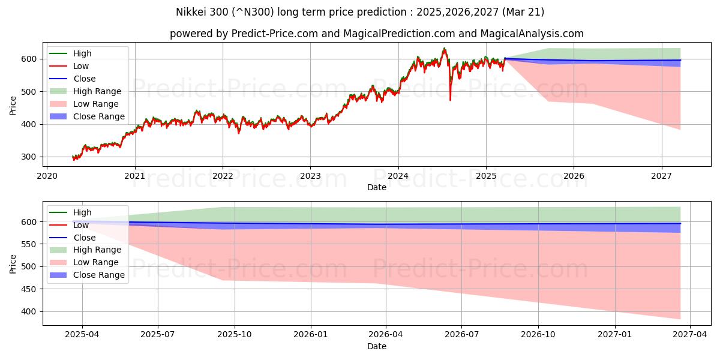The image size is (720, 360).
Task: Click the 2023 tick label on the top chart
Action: click(310, 176)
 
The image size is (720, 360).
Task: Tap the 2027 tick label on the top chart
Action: click(661, 176)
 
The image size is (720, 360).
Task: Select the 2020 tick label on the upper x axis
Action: click(47, 176)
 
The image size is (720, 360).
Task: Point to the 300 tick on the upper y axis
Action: click(30, 157)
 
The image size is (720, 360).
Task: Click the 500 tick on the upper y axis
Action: click(30, 92)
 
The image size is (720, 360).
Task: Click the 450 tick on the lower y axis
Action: click(30, 289)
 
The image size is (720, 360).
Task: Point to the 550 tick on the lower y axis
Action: click(30, 244)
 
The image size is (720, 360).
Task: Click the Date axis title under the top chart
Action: click(376, 187)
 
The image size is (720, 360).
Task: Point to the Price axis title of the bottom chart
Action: click(13, 263)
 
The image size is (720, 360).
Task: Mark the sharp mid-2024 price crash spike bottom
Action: click(450, 100)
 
